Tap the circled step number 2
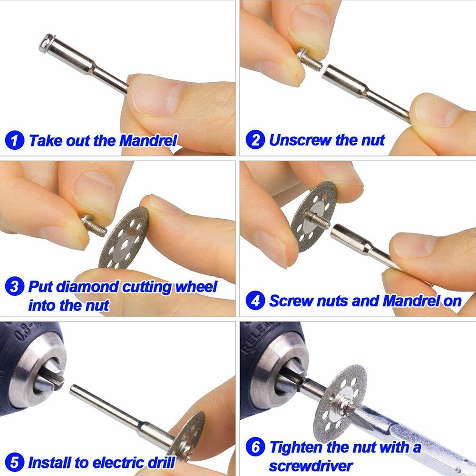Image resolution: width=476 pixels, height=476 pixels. coord(255,140)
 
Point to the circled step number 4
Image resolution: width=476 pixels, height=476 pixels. coord(255,301)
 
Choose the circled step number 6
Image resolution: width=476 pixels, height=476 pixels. coord(255,447)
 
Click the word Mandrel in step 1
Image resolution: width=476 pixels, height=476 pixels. coord(148,141)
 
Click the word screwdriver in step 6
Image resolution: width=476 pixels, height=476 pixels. coord(311,465)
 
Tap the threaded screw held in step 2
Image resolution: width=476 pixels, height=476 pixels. coord(311,60)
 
